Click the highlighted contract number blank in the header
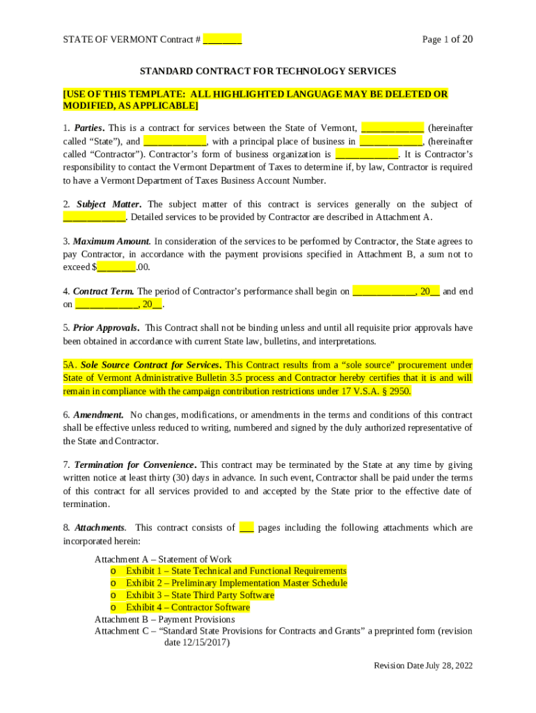[x=223, y=40]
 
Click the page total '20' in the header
[x=466, y=40]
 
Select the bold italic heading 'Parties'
[x=89, y=128]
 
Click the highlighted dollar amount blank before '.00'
[x=116, y=267]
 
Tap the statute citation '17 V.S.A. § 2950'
[x=372, y=391]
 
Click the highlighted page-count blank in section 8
[x=246, y=528]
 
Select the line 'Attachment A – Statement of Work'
[x=163, y=559]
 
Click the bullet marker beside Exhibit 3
[x=113, y=595]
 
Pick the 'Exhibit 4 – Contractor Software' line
[x=187, y=608]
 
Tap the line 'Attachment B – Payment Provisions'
[x=164, y=619]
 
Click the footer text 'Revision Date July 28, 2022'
[x=423, y=666]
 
